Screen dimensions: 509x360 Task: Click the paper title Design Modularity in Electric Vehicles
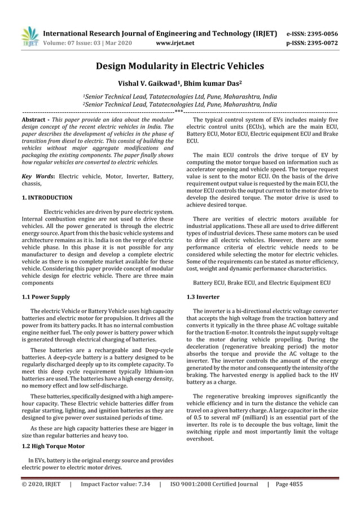[x=179, y=66]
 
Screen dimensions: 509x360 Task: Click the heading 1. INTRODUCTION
[x=47, y=198]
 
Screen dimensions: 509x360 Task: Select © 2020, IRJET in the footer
[x=41, y=484]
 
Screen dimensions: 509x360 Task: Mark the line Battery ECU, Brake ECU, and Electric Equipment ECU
[x=262, y=282]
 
